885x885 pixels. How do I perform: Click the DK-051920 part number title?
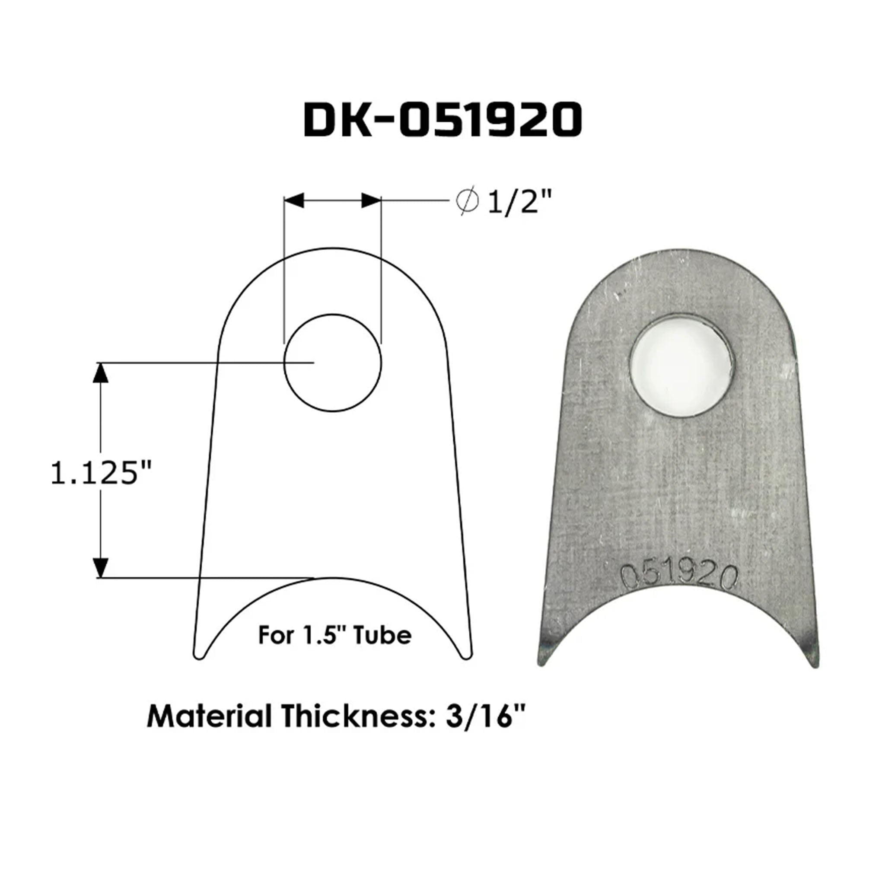[442, 120]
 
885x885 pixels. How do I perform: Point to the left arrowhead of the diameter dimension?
[294, 200]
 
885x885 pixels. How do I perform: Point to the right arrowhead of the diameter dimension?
[371, 200]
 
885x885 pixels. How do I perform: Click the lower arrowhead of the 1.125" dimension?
[100, 567]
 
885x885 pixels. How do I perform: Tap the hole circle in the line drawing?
[333, 363]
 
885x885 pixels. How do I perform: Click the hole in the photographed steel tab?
[681, 365]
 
